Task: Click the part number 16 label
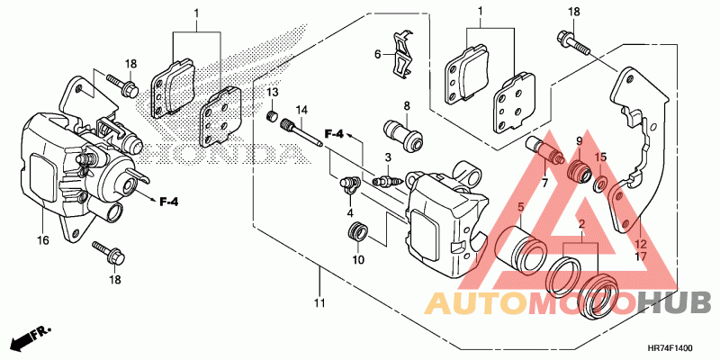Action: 41,240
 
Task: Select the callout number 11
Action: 319,303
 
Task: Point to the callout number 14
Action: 301,108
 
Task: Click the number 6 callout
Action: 379,54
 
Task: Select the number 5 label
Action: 519,209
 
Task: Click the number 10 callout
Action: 357,260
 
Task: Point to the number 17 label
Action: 641,256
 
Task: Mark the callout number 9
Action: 580,142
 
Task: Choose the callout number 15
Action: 601,157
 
